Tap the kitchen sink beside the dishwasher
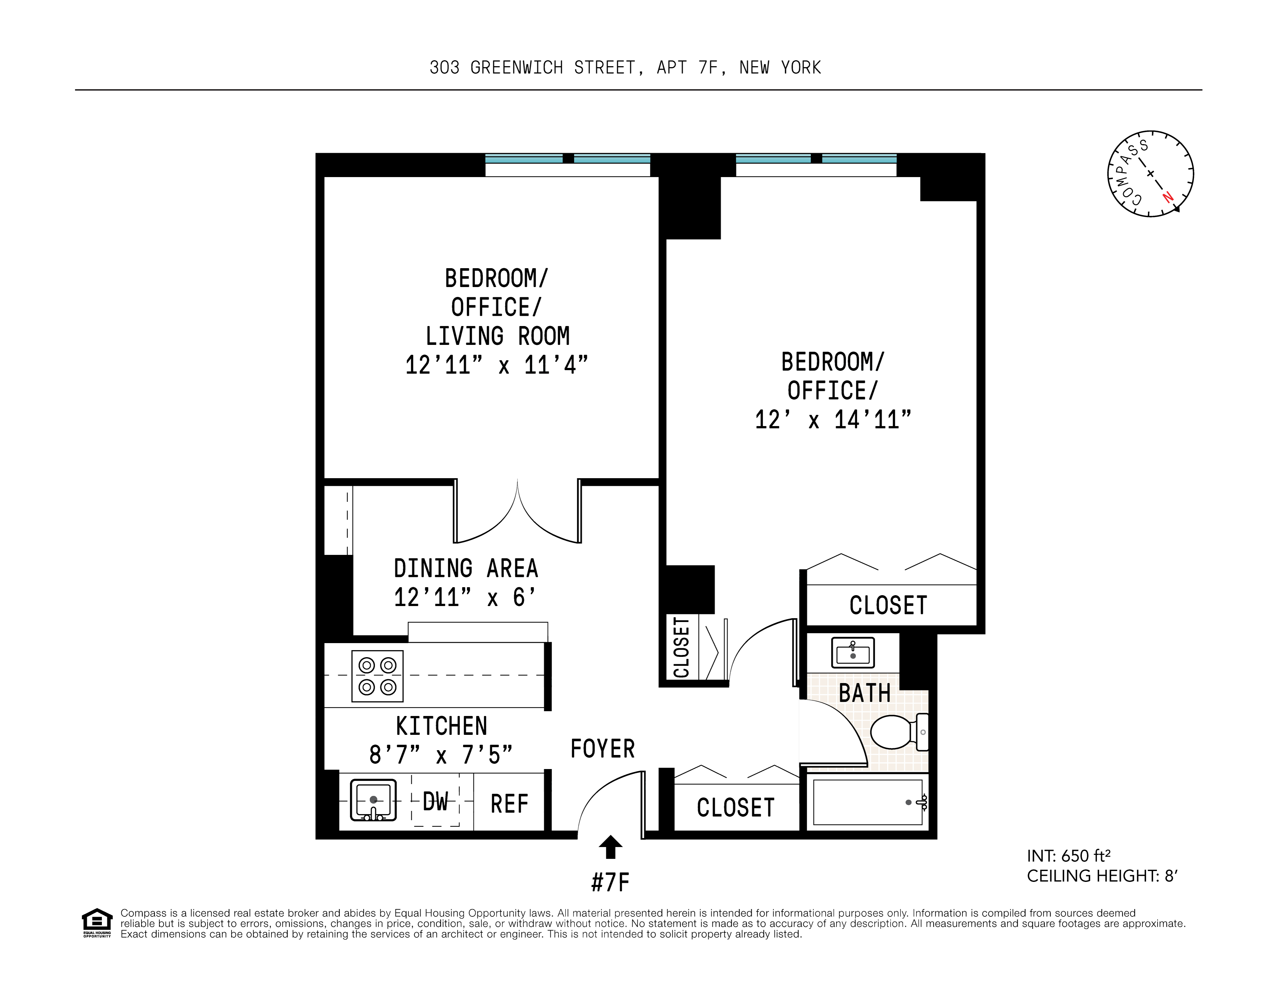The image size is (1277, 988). click(x=373, y=800)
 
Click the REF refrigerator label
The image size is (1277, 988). click(x=509, y=804)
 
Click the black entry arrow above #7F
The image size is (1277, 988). click(x=610, y=847)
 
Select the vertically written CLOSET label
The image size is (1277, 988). click(x=682, y=648)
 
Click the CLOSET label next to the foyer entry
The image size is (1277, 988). click(x=736, y=808)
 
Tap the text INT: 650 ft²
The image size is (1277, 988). click(x=1068, y=856)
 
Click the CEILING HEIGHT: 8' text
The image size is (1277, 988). click(x=1102, y=876)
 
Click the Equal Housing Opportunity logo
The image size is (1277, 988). click(x=96, y=922)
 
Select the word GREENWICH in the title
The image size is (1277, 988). click(x=516, y=68)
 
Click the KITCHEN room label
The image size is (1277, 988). click(x=441, y=726)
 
